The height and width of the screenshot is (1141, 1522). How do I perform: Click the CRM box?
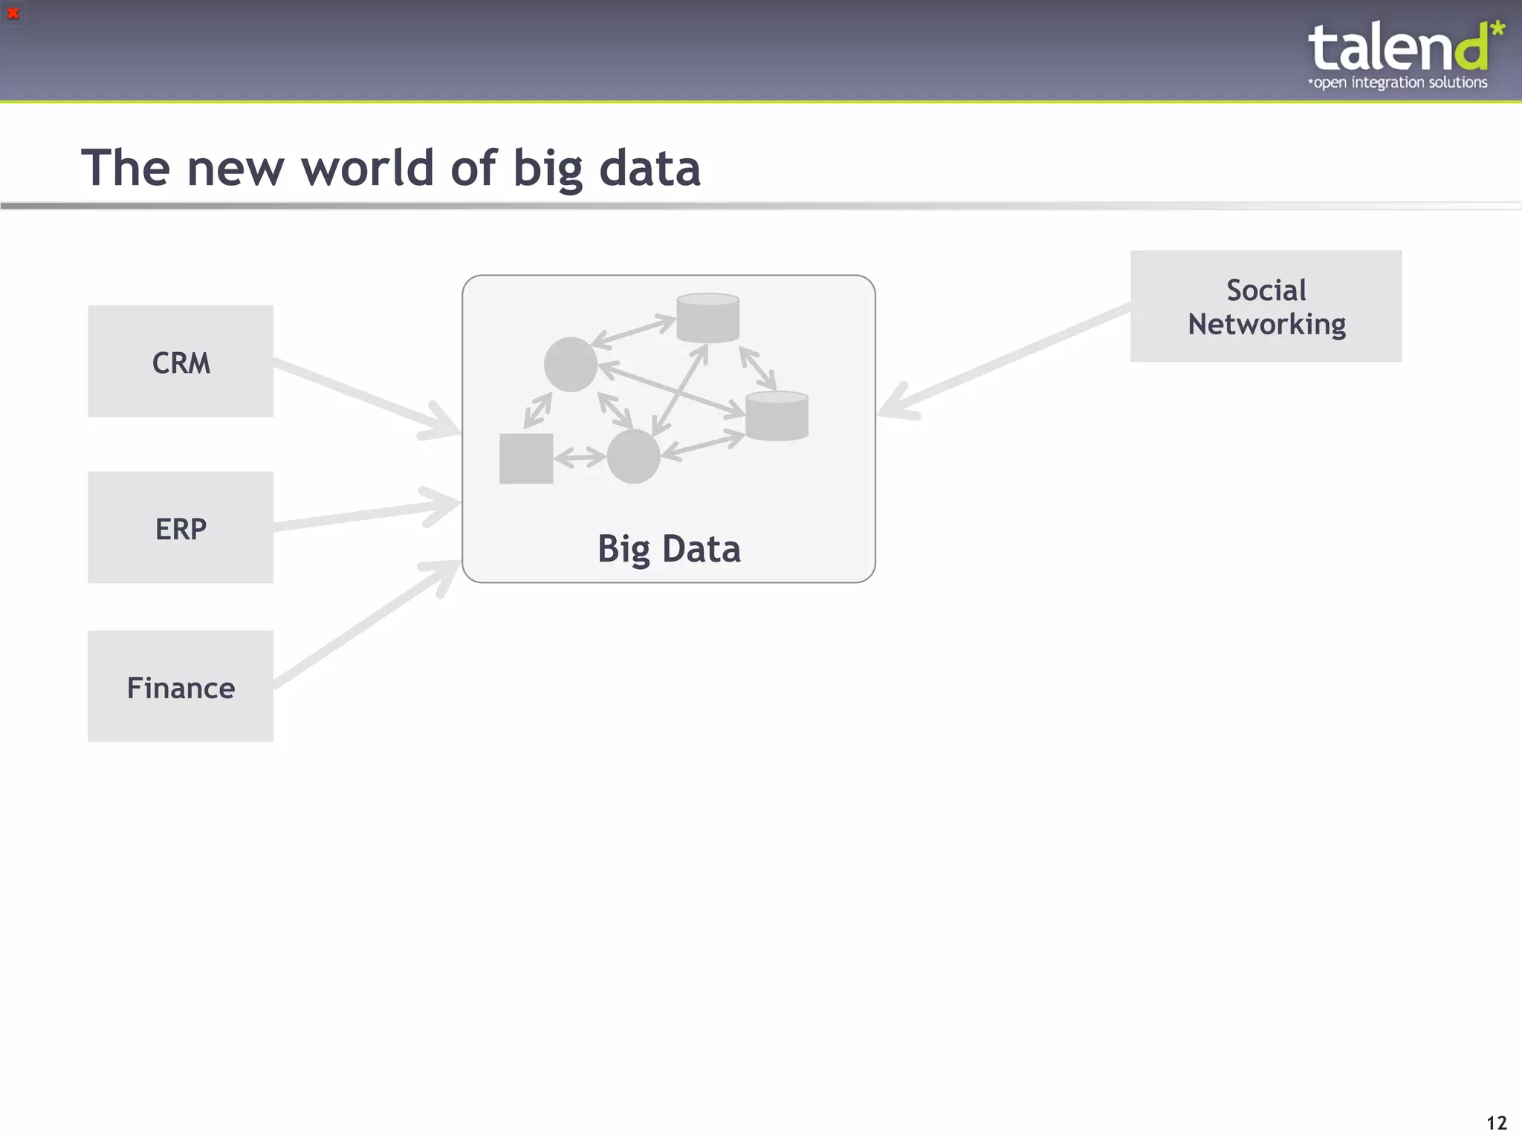click(181, 362)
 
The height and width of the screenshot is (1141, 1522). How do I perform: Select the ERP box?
click(181, 527)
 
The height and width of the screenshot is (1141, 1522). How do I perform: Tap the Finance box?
click(181, 686)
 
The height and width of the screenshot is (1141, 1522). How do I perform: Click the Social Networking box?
click(1266, 306)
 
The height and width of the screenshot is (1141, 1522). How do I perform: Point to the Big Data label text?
click(669, 549)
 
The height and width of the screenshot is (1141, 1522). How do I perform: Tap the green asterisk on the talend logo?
click(1497, 30)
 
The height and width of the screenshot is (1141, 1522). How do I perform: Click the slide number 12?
click(1496, 1122)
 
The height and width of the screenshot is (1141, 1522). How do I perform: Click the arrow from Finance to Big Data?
click(364, 623)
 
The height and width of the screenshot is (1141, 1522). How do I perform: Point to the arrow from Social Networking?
click(1003, 360)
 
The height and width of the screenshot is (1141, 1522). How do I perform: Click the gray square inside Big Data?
click(526, 458)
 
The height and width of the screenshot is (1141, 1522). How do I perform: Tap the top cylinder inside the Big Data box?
click(707, 318)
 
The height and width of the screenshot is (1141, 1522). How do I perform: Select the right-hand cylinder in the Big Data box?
click(777, 416)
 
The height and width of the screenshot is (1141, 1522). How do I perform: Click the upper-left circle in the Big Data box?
click(571, 364)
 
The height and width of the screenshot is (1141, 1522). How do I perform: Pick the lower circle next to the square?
click(633, 456)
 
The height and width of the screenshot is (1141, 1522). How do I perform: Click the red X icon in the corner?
click(13, 13)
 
